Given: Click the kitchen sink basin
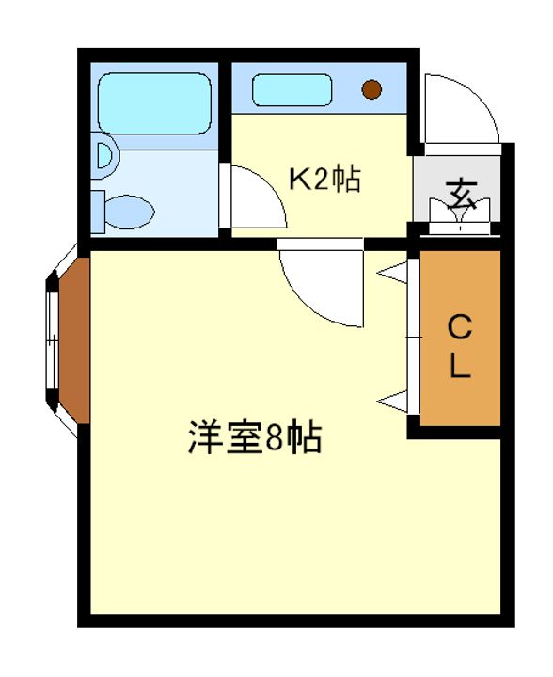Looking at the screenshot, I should pyautogui.click(x=293, y=91).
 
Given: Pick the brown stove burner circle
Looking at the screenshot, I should pyautogui.click(x=372, y=90).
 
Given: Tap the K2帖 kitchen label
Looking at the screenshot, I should pyautogui.click(x=324, y=179).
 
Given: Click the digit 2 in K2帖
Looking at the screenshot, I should pyautogui.click(x=319, y=179).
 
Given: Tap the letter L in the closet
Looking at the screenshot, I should pyautogui.click(x=459, y=367).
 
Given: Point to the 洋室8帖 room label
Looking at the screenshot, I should pyautogui.click(x=254, y=438).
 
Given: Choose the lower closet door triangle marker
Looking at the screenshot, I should pyautogui.click(x=393, y=401).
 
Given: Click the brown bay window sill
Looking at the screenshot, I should pyautogui.click(x=72, y=341).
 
